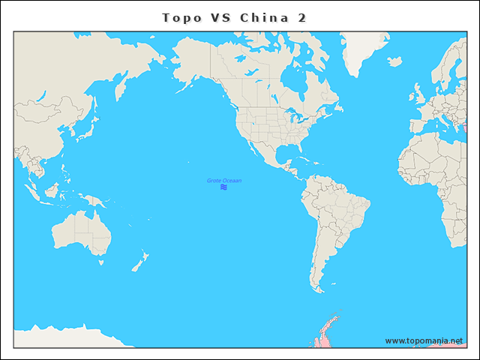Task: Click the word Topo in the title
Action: pos(181,17)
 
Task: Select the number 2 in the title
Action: pos(301,17)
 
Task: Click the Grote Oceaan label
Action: pos(224,181)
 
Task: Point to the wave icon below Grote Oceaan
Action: pos(224,187)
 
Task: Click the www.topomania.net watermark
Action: pos(424,340)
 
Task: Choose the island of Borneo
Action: pos(50,190)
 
